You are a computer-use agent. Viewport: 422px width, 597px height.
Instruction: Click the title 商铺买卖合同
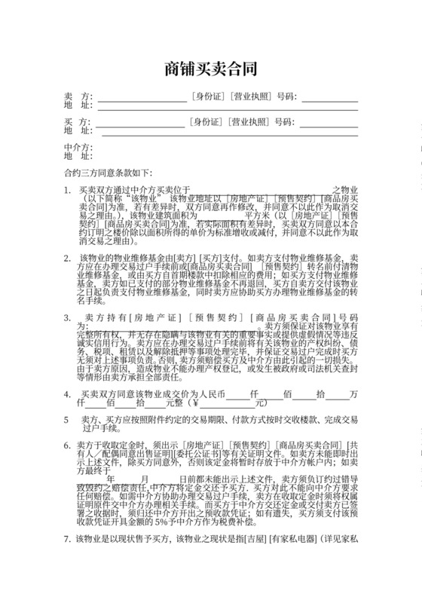click(211, 69)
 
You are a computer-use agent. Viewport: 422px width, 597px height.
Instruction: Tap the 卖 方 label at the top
click(78, 97)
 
